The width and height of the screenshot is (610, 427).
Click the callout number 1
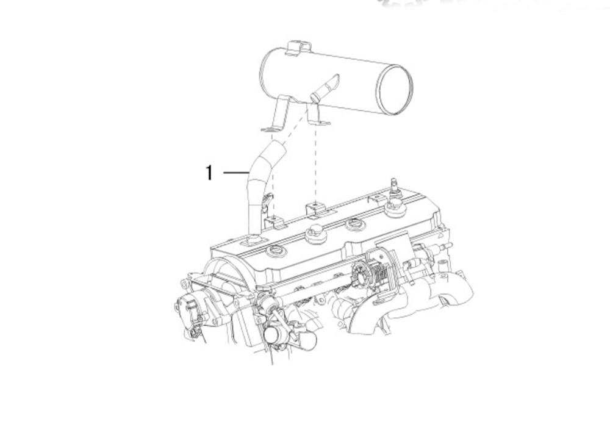(x=209, y=173)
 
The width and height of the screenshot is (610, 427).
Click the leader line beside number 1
(x=236, y=172)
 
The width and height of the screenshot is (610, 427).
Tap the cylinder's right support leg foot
(x=320, y=123)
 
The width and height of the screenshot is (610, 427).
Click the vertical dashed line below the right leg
(x=316, y=163)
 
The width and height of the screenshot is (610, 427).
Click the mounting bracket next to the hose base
(x=274, y=222)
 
